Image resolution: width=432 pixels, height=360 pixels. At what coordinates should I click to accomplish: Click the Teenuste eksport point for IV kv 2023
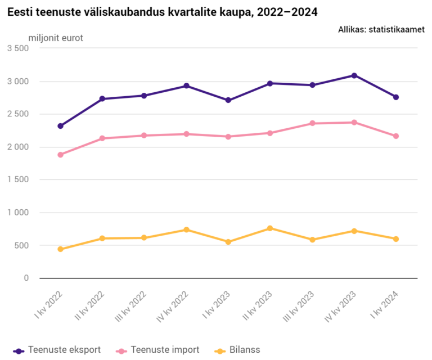click(354, 75)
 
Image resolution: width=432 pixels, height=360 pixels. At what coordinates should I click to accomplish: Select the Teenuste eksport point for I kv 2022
click(60, 126)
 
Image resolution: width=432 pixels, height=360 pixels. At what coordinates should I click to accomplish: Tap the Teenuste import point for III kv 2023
click(312, 123)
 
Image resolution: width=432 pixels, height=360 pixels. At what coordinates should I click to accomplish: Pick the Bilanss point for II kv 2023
click(270, 228)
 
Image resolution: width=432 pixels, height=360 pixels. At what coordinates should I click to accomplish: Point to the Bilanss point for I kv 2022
click(60, 249)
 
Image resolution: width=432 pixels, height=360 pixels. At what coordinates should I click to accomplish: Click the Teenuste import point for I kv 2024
click(396, 136)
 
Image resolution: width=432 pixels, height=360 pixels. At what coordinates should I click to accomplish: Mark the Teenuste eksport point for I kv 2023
click(228, 100)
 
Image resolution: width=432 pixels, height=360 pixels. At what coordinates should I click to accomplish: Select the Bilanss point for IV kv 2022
click(186, 229)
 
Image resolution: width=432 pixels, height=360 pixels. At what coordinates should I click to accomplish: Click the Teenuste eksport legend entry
click(57, 350)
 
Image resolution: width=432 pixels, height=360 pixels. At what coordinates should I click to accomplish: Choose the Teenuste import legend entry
click(157, 350)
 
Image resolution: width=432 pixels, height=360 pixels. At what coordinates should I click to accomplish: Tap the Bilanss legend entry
click(237, 350)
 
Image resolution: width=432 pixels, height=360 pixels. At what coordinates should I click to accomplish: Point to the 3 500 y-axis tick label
click(18, 48)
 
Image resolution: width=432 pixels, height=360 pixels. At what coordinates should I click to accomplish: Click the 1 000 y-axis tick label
click(18, 213)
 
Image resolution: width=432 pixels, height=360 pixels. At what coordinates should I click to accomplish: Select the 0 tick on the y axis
click(26, 278)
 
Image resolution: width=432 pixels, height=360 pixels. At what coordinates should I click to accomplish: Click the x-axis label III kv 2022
click(130, 307)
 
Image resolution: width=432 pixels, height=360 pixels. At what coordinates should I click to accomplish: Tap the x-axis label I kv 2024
click(385, 305)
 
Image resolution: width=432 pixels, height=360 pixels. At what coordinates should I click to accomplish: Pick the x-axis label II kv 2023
click(257, 305)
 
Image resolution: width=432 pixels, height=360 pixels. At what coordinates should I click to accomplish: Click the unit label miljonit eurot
click(56, 38)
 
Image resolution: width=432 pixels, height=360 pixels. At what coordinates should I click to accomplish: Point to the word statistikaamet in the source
click(397, 29)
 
